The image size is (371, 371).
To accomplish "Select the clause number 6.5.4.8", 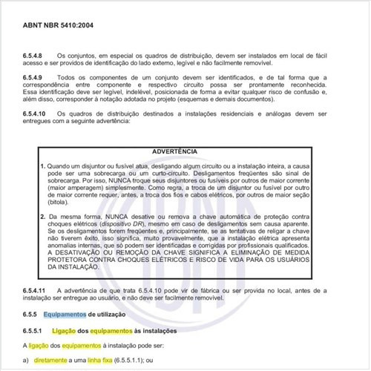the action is pos(36,56).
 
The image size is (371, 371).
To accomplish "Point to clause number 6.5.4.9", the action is pos(36,77).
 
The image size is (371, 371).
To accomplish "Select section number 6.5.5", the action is pos(32,315).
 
